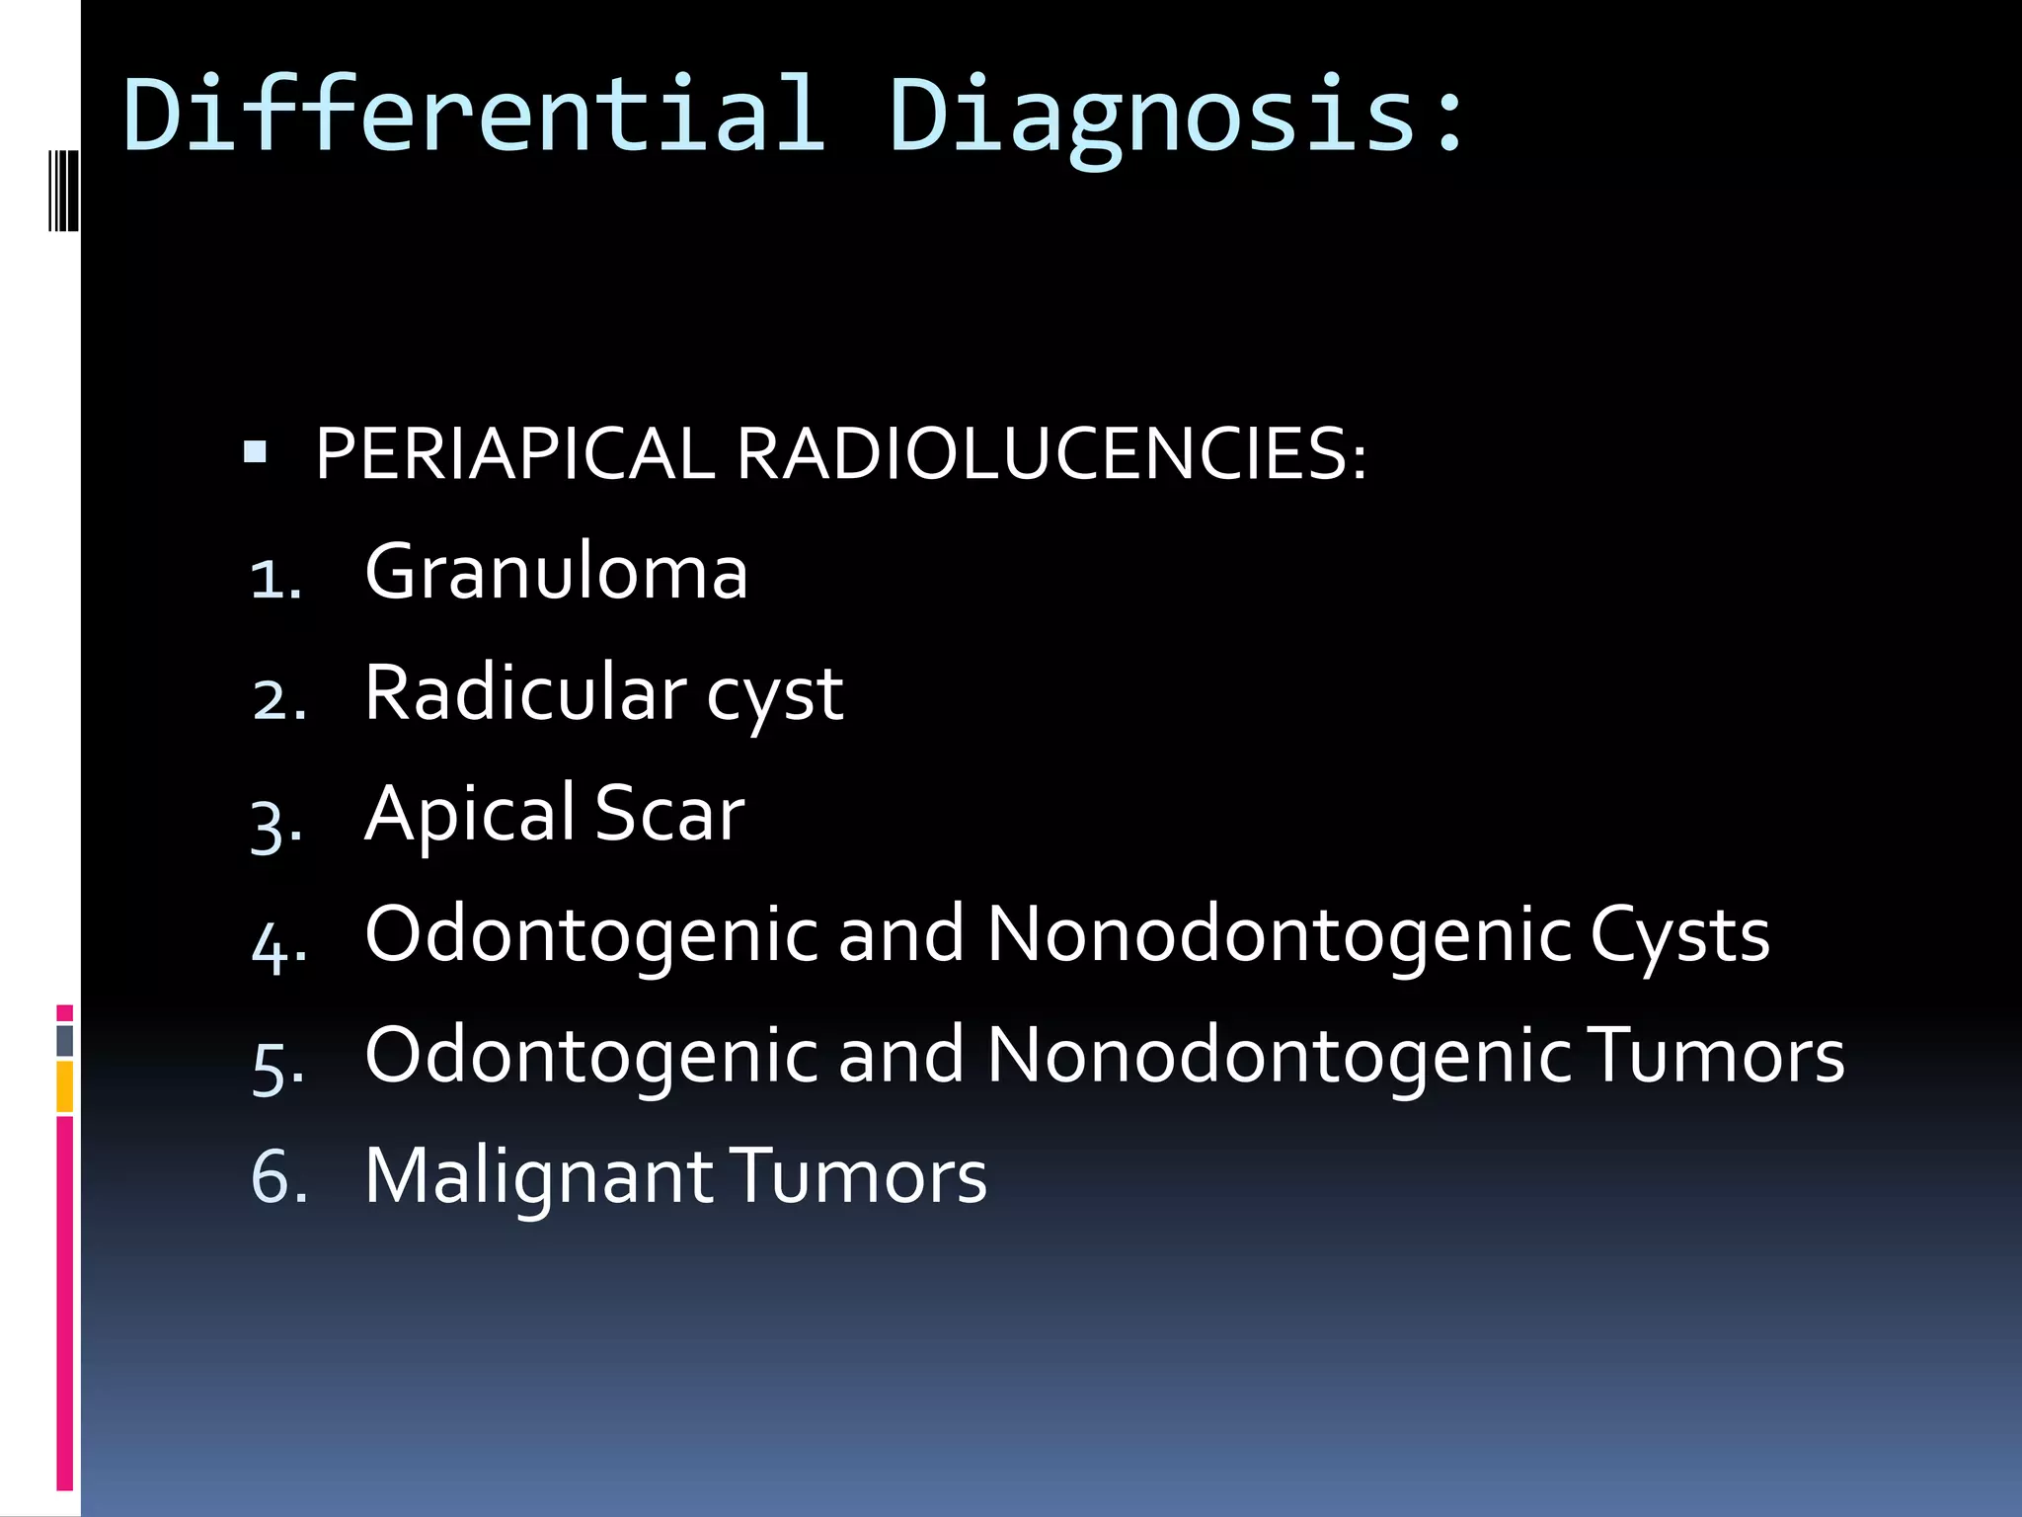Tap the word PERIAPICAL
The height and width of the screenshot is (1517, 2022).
tap(514, 454)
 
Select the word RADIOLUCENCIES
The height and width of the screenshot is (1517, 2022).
tap(1050, 454)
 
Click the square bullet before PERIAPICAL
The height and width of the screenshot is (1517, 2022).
tap(256, 452)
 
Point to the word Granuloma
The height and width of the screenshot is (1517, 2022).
tap(556, 572)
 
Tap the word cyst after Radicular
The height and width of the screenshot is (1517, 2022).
tap(775, 697)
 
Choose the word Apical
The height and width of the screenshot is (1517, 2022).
tap(470, 814)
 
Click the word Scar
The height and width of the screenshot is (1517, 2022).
tap(669, 814)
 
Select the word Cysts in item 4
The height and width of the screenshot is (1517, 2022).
tap(1679, 935)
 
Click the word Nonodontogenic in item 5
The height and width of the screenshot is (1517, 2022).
tap(1279, 1056)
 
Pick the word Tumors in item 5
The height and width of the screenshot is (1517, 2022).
tap(1719, 1056)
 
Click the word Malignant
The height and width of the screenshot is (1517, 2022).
tap(539, 1176)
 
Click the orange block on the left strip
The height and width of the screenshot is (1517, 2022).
tap(64, 1086)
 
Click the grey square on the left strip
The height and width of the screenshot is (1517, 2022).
tap(64, 1040)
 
